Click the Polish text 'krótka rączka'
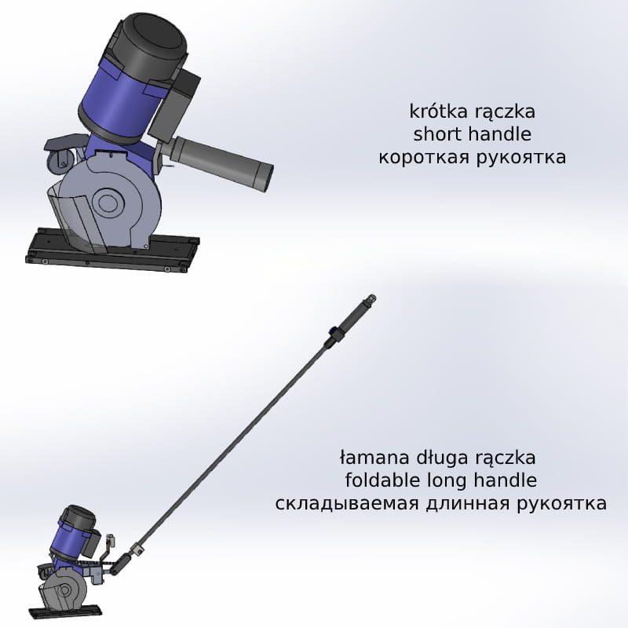coord(473,111)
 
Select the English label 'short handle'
coord(473,134)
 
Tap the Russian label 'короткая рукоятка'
coord(473,157)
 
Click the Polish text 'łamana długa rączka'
coord(437,458)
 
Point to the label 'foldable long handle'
coord(441,480)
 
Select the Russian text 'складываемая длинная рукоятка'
coord(441,503)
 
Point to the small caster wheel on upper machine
coord(61,162)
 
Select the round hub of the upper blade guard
coord(106,203)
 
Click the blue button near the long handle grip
coord(332,330)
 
